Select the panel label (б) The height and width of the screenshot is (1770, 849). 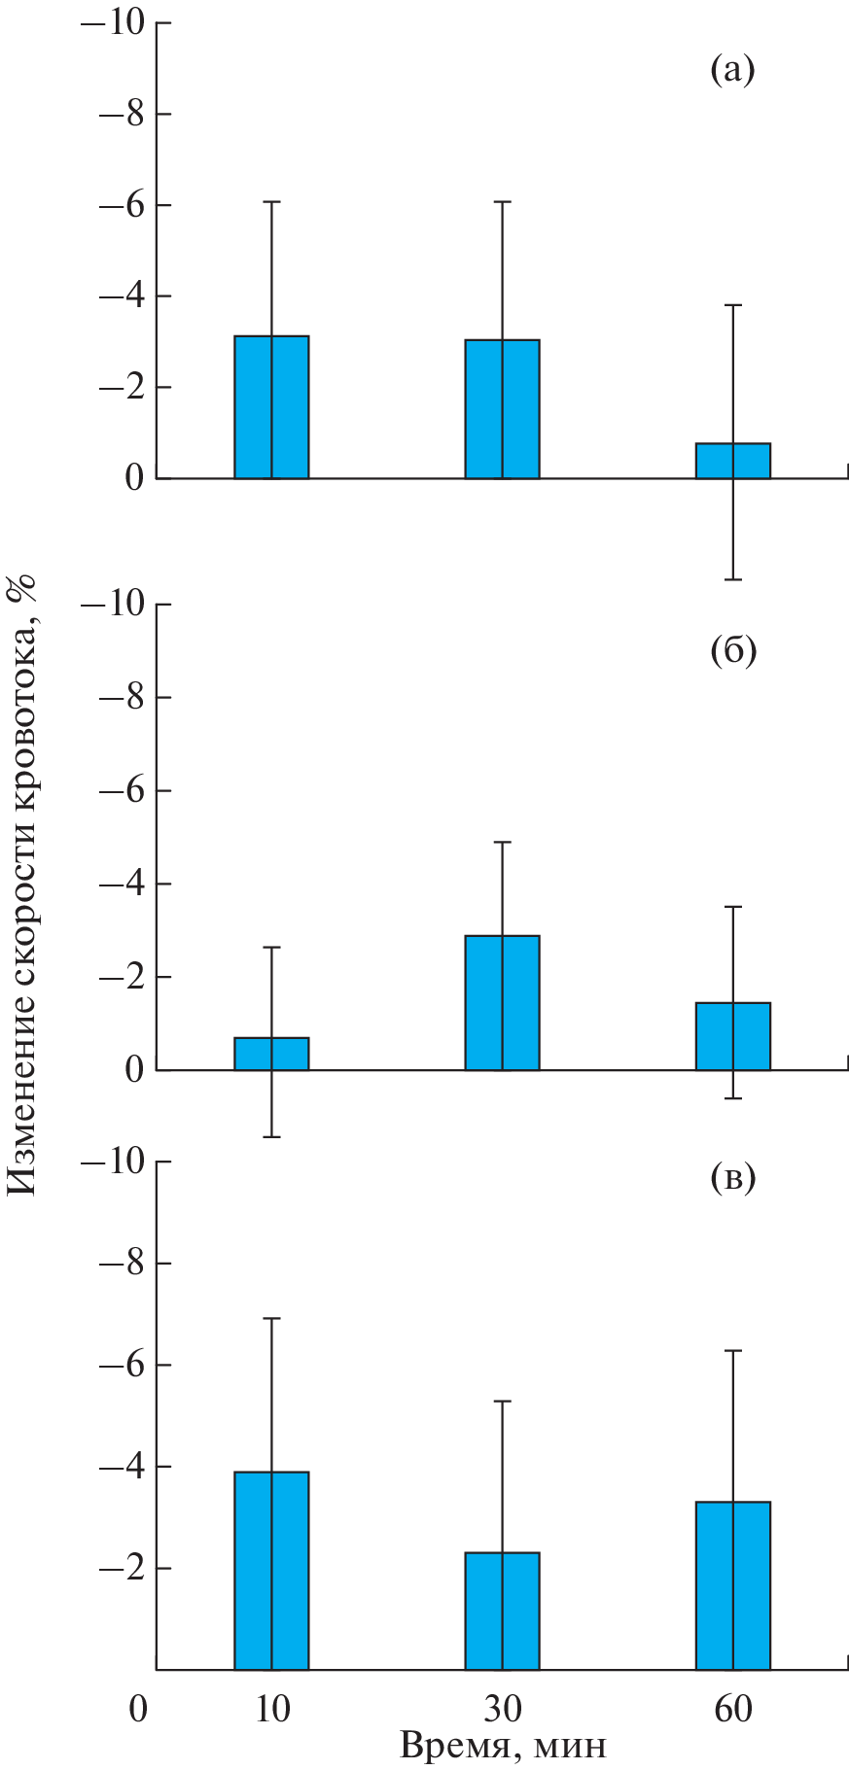click(732, 650)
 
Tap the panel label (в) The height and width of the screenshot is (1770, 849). click(732, 1178)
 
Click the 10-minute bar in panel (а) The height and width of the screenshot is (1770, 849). click(271, 407)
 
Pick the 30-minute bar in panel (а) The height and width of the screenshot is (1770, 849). click(502, 409)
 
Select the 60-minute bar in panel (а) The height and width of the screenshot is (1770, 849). click(733, 461)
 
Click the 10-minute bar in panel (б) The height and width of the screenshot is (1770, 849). click(271, 1054)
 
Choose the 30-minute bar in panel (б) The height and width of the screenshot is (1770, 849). click(502, 1002)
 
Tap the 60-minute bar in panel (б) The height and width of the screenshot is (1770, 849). click(733, 1036)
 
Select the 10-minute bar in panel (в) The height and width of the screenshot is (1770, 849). click(271, 1571)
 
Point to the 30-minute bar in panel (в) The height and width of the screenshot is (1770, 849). click(502, 1611)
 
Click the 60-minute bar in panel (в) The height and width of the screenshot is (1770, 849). click(733, 1585)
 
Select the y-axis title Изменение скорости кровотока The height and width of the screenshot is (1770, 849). click(21, 885)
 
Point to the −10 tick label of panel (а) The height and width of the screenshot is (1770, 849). click(111, 22)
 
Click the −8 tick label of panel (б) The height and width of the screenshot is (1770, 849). click(121, 698)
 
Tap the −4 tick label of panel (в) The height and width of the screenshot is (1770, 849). click(121, 1466)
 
